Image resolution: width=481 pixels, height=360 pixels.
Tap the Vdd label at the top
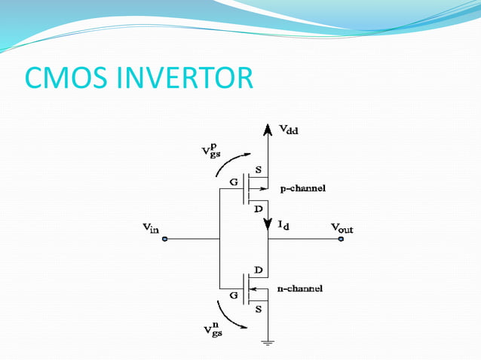coord(288,130)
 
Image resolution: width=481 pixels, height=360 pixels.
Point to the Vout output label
coord(347,227)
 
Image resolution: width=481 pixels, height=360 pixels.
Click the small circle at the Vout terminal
coord(341,239)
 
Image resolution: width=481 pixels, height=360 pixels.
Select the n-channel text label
coord(299,288)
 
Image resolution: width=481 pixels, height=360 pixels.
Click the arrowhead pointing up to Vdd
coord(267,132)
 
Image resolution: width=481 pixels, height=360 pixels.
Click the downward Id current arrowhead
coord(268,224)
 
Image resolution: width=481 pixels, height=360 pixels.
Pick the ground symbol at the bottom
coord(268,342)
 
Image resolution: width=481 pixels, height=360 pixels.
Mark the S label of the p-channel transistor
coord(259,170)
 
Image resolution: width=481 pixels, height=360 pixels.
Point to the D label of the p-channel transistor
coord(259,207)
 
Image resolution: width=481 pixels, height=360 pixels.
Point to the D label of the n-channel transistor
coord(259,269)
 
